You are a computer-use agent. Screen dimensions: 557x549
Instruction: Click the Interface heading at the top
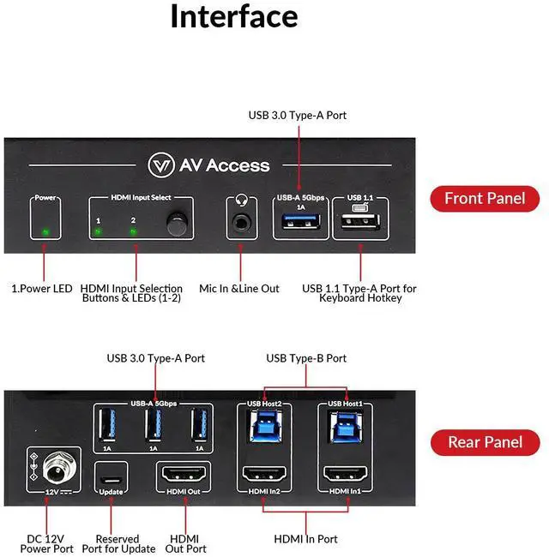pos(233,17)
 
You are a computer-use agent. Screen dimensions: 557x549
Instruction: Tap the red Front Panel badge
pos(485,199)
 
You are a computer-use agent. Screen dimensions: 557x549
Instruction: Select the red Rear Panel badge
pos(485,442)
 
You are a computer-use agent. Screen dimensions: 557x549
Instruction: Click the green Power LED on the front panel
pos(45,231)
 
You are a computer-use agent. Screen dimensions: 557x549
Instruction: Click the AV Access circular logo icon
pos(162,165)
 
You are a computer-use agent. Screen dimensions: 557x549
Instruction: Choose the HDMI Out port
pos(182,474)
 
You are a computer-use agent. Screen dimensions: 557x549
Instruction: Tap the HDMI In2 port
pos(266,474)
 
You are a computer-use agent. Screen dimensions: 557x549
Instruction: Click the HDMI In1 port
pos(346,474)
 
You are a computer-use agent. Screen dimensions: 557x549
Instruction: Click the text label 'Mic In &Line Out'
pos(239,289)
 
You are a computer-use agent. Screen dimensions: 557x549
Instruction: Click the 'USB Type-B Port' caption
pos(306,358)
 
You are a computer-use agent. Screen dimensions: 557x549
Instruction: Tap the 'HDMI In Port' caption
pos(305,539)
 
